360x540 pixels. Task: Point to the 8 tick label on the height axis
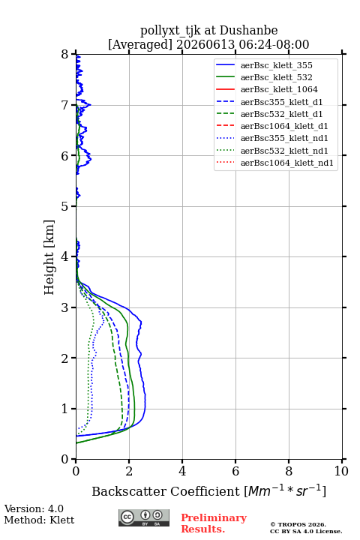(x=65, y=54)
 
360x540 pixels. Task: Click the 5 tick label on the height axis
(x=65, y=206)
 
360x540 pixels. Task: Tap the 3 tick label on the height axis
(x=65, y=307)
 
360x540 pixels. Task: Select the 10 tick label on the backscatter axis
(x=341, y=471)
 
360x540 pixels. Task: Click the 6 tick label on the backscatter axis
(x=235, y=471)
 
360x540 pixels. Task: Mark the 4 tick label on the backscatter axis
(x=182, y=471)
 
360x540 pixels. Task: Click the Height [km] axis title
(x=49, y=257)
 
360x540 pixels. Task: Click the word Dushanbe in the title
(x=248, y=31)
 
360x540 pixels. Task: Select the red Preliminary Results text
(x=214, y=523)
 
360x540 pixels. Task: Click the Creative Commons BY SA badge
(x=144, y=517)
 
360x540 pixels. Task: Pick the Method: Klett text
(x=39, y=520)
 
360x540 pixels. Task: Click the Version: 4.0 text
(x=34, y=508)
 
